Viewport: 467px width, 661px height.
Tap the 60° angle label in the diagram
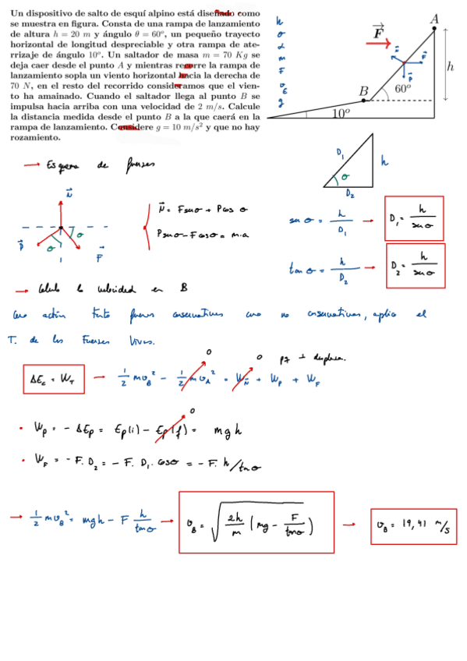pos(402,89)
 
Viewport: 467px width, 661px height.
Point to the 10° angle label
pos(341,113)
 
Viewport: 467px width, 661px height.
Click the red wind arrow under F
pos(379,44)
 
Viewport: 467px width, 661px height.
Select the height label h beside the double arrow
pos(451,67)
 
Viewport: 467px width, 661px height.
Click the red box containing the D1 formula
pos(414,217)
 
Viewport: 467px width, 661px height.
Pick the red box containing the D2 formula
pos(415,266)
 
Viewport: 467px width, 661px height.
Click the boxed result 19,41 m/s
pos(413,526)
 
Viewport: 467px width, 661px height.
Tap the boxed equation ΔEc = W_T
pos(53,380)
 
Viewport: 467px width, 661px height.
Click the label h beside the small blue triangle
pos(384,162)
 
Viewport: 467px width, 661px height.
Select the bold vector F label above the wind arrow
pos(378,32)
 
